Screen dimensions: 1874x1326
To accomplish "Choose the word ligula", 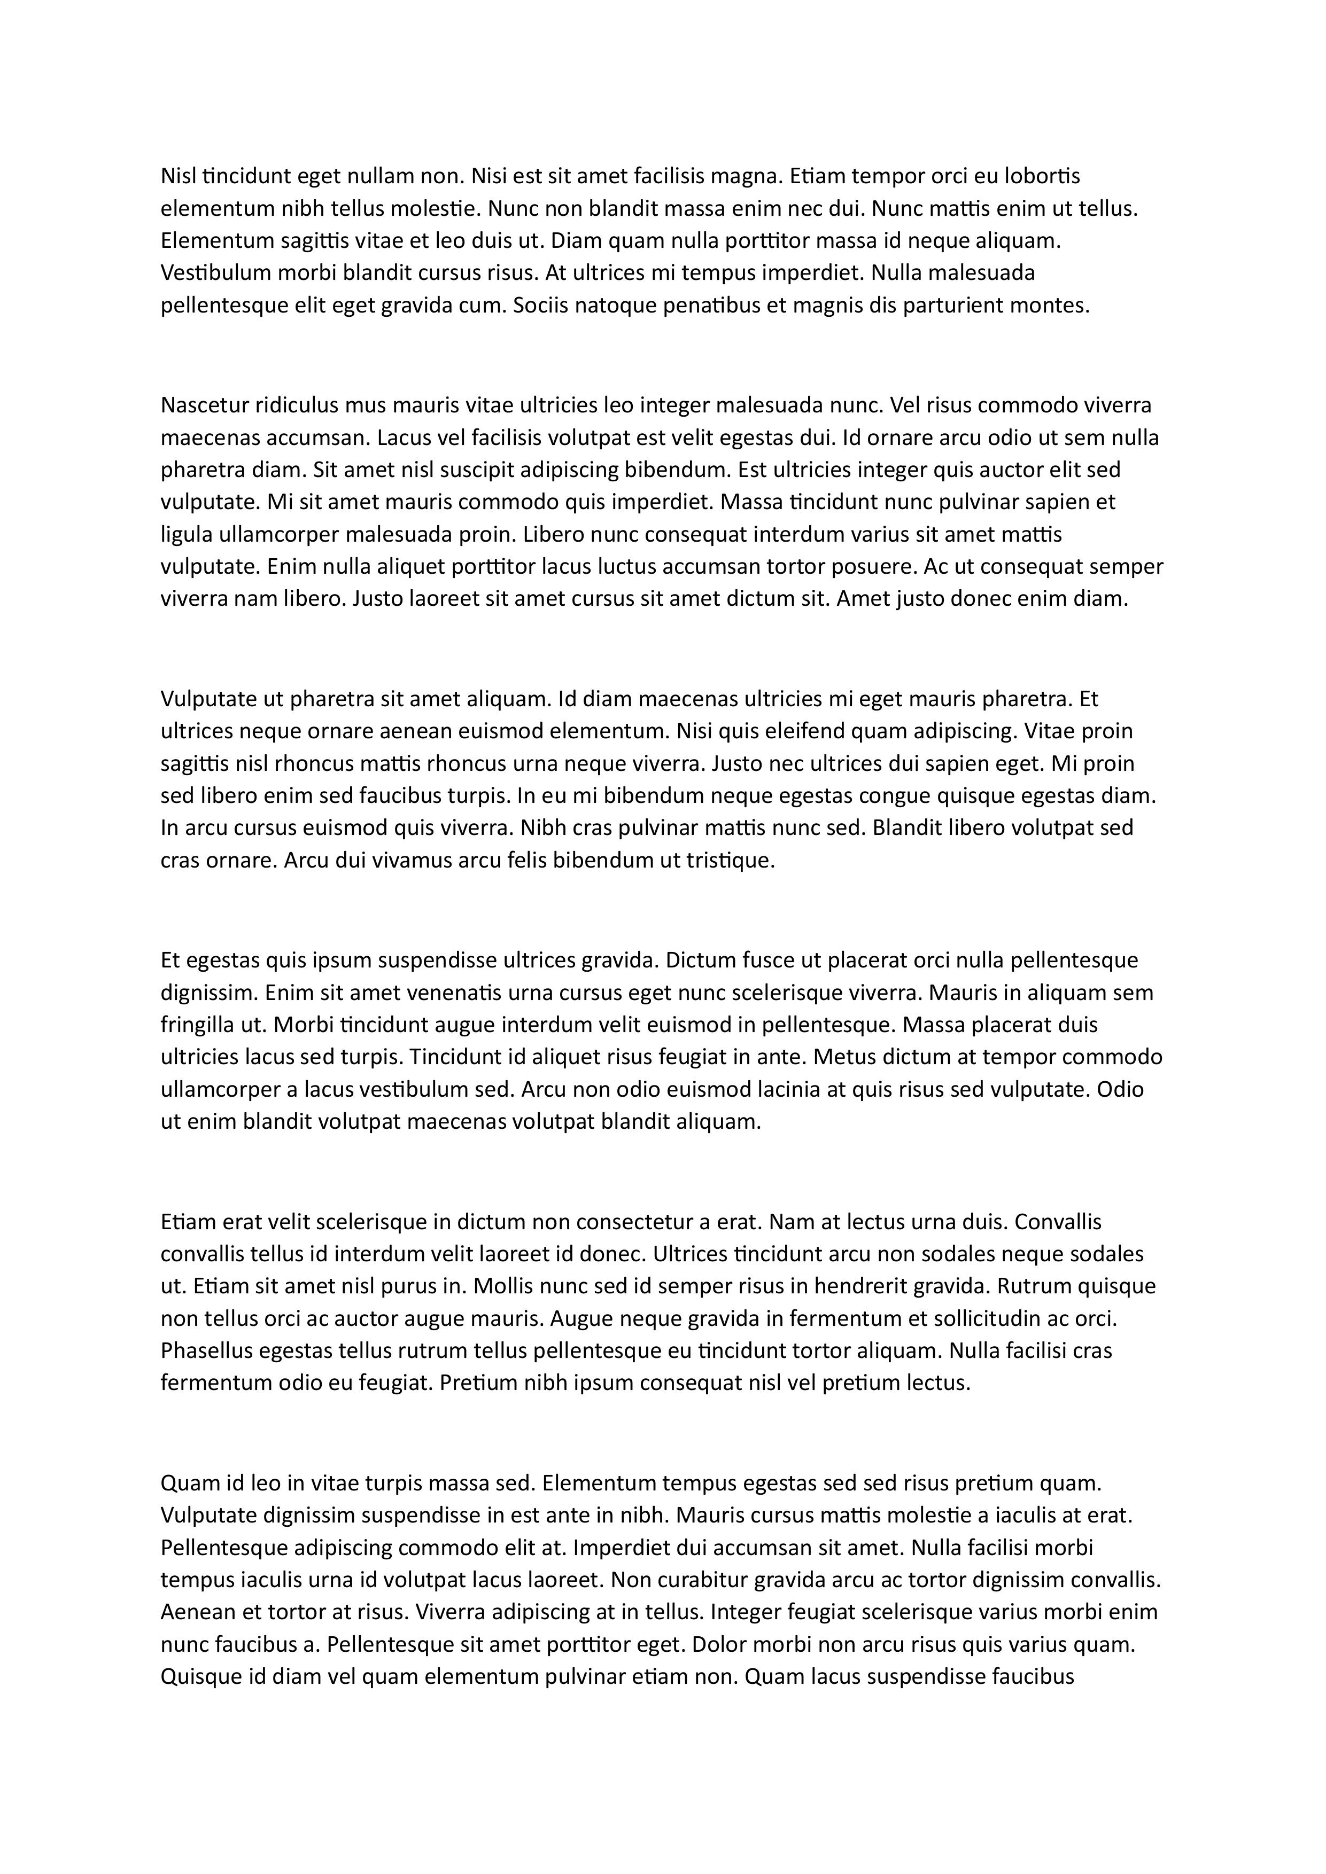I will pos(182,535).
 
